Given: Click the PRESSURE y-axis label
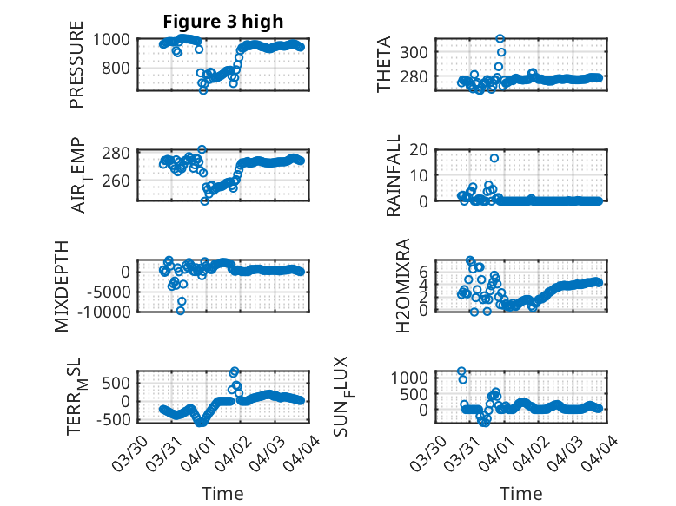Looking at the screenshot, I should pyautogui.click(x=76, y=71).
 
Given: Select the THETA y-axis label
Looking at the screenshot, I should pyautogui.click(x=384, y=64).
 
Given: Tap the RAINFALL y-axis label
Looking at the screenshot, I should pyautogui.click(x=394, y=174).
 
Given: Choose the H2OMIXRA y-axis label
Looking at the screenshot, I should pyautogui.click(x=402, y=286).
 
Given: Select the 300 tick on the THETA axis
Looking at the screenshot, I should pyautogui.click(x=420, y=52).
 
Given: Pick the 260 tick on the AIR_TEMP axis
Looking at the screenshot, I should pyautogui.click(x=118, y=181).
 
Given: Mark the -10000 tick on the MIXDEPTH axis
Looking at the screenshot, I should pyautogui.click(x=102, y=311).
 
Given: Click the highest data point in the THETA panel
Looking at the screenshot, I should pyautogui.click(x=500, y=39).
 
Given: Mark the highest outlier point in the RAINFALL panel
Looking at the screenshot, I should pyautogui.click(x=494, y=158).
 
